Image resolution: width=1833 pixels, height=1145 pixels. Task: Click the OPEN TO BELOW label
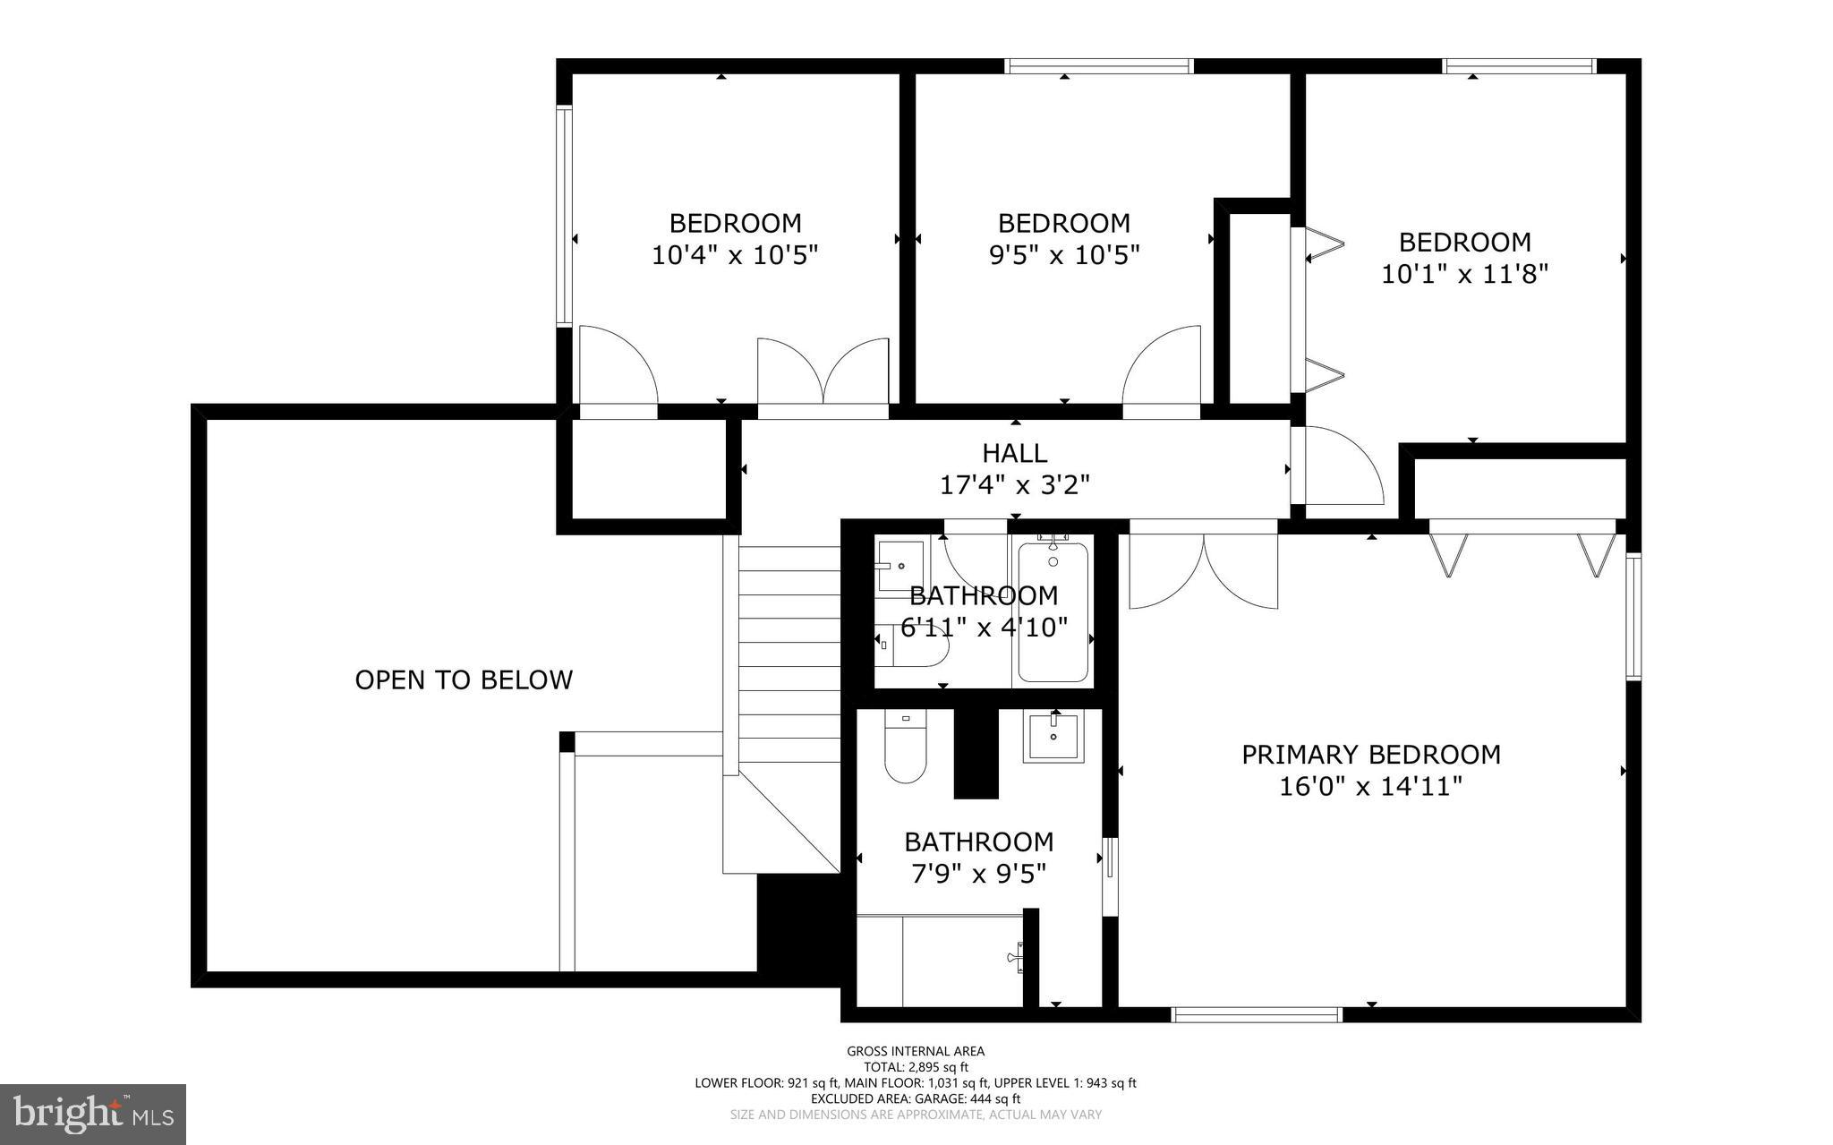point(464,680)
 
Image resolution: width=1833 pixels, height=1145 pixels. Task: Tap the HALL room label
point(1014,453)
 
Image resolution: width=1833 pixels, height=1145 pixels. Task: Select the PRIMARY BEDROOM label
point(1370,755)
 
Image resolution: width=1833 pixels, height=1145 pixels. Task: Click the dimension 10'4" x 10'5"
point(735,256)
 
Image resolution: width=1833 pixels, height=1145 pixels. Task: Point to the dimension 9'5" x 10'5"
point(1063,256)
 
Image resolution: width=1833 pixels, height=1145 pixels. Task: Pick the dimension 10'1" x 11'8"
point(1464,274)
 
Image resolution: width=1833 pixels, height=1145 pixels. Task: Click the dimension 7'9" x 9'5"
point(978,874)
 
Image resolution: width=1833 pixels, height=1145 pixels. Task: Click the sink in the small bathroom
point(899,566)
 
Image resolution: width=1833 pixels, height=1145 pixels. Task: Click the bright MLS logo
point(93,1114)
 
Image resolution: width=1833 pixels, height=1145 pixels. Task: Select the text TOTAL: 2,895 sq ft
point(916,1067)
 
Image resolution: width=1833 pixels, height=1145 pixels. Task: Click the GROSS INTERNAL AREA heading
point(916,1051)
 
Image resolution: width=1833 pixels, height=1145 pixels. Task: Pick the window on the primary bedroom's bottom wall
point(1257,1014)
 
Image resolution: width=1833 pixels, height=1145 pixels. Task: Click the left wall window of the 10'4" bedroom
point(564,215)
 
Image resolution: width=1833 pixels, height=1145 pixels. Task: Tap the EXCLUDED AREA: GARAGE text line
point(916,1098)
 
